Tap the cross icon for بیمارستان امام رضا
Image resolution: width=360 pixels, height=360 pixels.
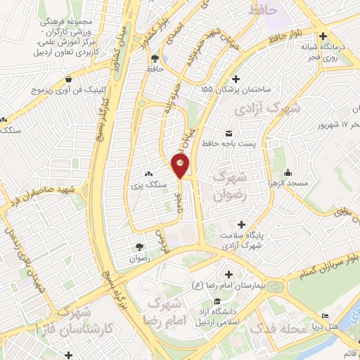(226, 274)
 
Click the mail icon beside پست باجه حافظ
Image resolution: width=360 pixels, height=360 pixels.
(228, 133)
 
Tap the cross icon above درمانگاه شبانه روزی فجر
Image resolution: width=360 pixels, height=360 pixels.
(322, 36)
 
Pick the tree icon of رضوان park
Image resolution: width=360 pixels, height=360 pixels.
(139, 247)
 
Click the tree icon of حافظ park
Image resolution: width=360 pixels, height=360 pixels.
(165, 59)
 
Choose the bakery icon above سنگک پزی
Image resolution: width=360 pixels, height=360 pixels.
(148, 174)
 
